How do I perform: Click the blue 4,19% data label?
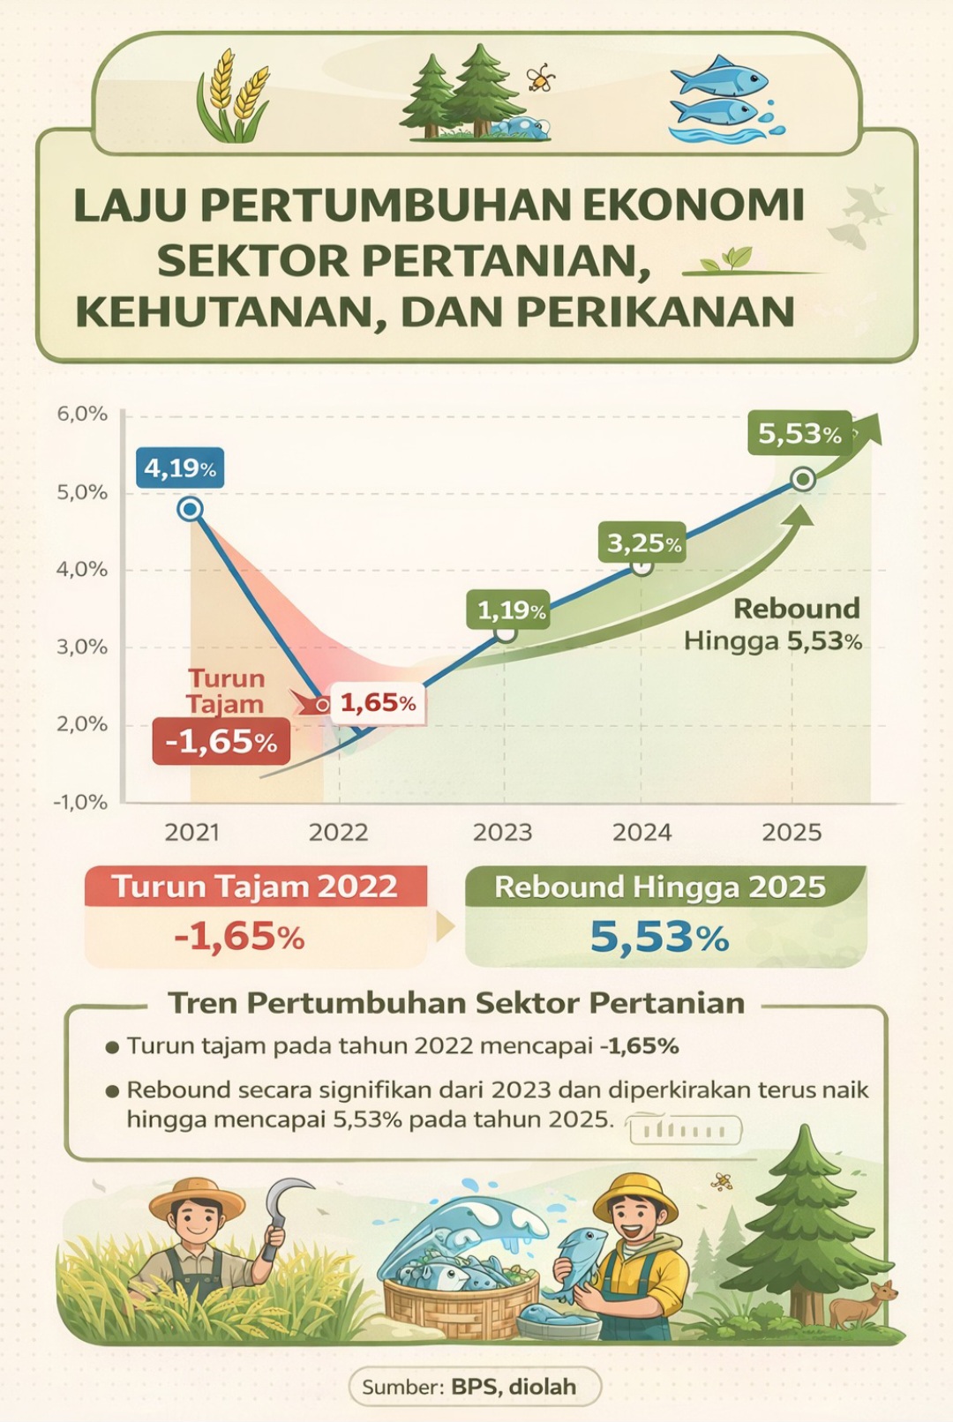[180, 468]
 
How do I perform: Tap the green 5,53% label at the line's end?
[799, 433]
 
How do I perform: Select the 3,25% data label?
[643, 543]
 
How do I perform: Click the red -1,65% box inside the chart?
[221, 741]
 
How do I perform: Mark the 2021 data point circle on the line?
[190, 509]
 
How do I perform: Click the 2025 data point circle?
[803, 479]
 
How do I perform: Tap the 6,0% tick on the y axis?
[82, 414]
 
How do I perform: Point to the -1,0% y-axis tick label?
[80, 802]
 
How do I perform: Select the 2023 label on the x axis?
[502, 832]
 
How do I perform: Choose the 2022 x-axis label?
[338, 832]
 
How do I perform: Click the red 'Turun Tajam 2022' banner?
[255, 887]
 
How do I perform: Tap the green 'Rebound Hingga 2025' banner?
[660, 887]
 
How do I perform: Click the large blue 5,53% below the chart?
[659, 937]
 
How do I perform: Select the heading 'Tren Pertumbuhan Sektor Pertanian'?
[456, 1003]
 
